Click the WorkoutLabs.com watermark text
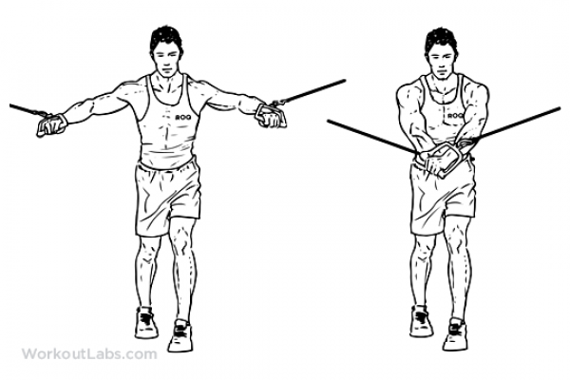coord(89,353)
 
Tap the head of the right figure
coord(441,54)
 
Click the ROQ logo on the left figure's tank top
coord(183,117)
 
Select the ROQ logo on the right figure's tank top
coord(455,116)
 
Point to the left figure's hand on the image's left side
coord(52,124)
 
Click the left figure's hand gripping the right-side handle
coord(271,116)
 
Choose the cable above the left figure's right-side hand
coord(308,93)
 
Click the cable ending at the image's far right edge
coord(515,125)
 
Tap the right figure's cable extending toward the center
coord(371,137)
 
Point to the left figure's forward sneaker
coord(180,335)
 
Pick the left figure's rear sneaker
coord(146,323)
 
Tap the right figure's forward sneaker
coord(455,334)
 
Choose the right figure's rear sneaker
coord(421,321)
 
